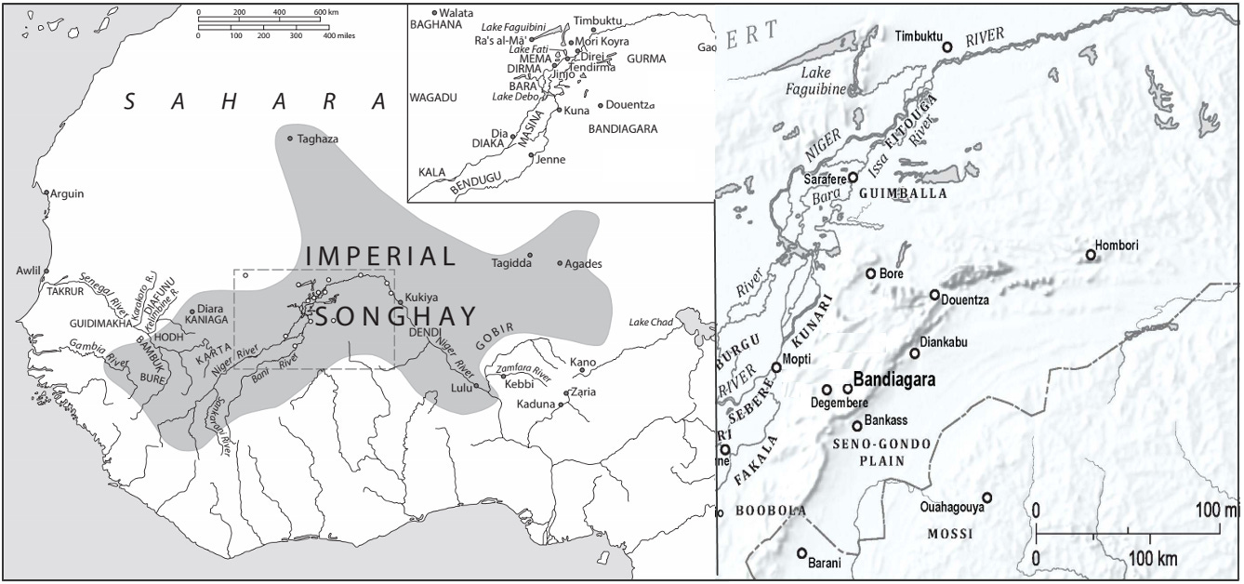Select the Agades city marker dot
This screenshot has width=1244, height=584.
[560, 263]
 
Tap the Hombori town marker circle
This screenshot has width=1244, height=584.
[1091, 255]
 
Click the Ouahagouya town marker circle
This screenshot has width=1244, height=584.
[987, 498]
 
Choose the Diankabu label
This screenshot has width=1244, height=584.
[943, 342]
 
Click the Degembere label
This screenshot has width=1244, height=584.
[838, 404]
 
